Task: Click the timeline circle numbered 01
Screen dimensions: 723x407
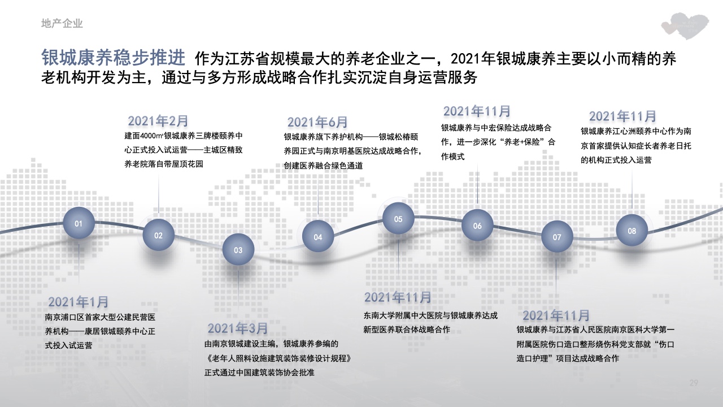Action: pyautogui.click(x=79, y=223)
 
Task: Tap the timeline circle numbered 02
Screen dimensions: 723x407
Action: pyautogui.click(x=159, y=235)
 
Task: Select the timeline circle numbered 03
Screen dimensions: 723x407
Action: pyautogui.click(x=238, y=250)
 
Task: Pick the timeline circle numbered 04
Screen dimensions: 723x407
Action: pyautogui.click(x=318, y=237)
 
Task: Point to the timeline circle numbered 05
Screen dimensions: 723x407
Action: pyautogui.click(x=398, y=219)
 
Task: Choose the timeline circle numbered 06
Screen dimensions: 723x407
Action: pyautogui.click(x=477, y=226)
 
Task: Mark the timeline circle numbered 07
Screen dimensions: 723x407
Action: pyautogui.click(x=557, y=237)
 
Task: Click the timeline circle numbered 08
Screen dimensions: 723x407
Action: pyautogui.click(x=632, y=231)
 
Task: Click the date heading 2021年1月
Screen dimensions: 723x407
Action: pyautogui.click(x=78, y=302)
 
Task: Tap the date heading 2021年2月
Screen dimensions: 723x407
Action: pyautogui.click(x=158, y=121)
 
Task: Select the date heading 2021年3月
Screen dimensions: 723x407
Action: pyautogui.click(x=238, y=328)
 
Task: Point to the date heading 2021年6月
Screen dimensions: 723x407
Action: pyautogui.click(x=317, y=122)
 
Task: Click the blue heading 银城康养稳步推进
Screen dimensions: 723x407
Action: pyautogui.click(x=114, y=58)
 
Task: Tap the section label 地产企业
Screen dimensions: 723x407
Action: pyautogui.click(x=62, y=23)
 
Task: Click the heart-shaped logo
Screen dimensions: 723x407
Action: pyautogui.click(x=685, y=26)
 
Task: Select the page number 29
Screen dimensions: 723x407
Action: pyautogui.click(x=694, y=383)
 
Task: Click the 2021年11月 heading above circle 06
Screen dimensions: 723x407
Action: pyautogui.click(x=477, y=111)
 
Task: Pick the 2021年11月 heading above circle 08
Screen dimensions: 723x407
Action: pyautogui.click(x=622, y=116)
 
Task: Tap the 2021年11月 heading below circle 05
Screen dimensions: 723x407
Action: pyautogui.click(x=398, y=297)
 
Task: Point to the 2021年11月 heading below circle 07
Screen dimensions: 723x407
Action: pyautogui.click(x=556, y=315)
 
